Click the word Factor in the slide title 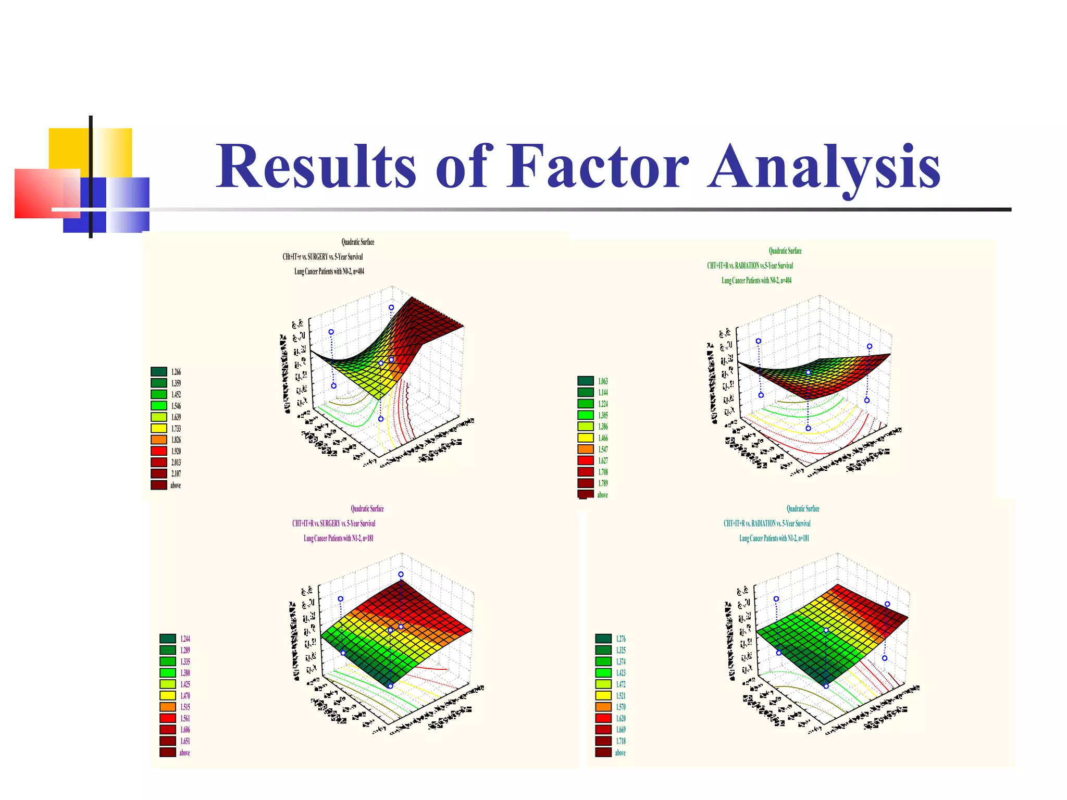tap(598, 167)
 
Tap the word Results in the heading tap(316, 167)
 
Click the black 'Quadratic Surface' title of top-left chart tap(357, 242)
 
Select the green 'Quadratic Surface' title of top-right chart tap(785, 251)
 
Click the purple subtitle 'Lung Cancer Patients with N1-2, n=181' tap(338, 539)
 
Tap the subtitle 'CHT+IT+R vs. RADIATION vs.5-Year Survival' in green tap(750, 266)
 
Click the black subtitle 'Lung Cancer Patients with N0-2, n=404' tap(329, 271)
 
